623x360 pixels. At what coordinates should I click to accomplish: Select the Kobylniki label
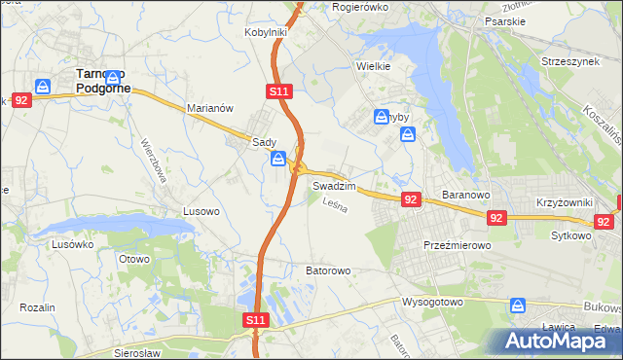pos(265,32)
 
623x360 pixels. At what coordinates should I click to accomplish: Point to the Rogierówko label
pos(360,7)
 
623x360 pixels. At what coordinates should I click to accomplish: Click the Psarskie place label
pos(505,19)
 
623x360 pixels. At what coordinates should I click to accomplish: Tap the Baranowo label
pos(464,195)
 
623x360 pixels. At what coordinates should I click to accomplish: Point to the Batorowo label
pos(328,270)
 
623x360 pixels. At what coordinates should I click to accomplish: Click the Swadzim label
pos(333,185)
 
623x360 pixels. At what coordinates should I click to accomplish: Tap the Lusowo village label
pos(204,210)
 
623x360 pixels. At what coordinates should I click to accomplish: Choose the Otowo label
pos(133,259)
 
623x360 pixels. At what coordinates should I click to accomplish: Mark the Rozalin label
pos(38,307)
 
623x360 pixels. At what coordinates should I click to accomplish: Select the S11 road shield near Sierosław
pos(254,319)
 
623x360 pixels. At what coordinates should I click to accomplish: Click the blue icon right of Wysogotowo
pos(518,306)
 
